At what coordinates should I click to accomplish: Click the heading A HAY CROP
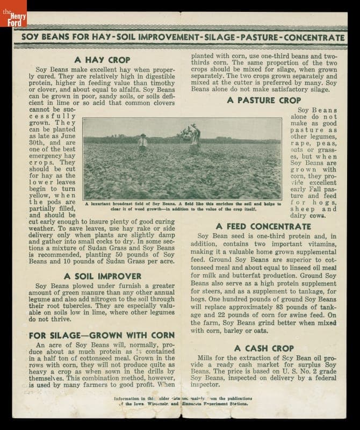(x=102, y=60)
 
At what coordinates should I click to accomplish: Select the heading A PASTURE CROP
(x=264, y=100)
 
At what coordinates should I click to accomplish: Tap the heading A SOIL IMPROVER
(x=102, y=276)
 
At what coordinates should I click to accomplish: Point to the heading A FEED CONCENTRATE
(x=263, y=226)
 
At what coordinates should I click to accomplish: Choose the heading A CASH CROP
(x=264, y=348)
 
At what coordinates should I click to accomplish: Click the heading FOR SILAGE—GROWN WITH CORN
(x=102, y=335)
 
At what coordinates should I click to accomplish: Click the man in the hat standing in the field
(x=142, y=142)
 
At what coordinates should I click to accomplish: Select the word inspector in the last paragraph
(x=208, y=384)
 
